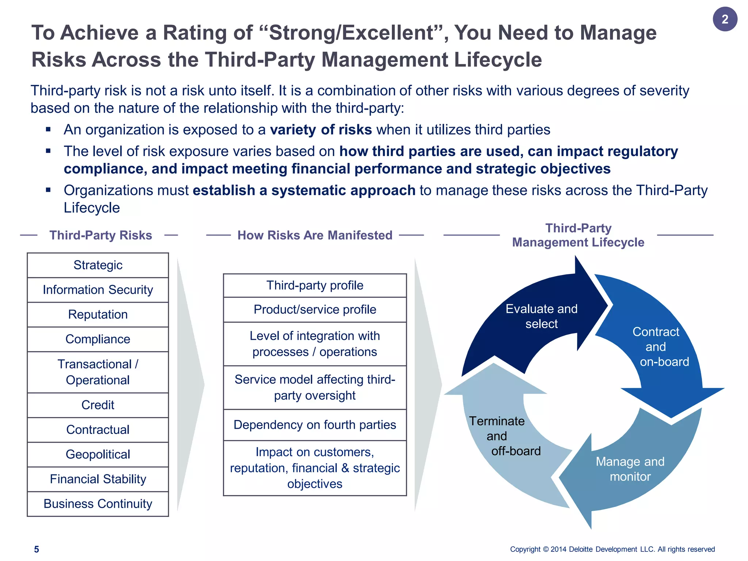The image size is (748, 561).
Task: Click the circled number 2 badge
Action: pos(725,19)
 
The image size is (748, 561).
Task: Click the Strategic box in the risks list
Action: pos(98,265)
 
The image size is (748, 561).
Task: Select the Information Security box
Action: pos(98,290)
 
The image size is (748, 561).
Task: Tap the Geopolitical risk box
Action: pos(98,454)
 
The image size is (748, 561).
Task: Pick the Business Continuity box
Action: pos(98,504)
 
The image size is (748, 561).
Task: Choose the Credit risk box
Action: pos(98,405)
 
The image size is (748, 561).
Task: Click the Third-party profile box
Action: pos(314,285)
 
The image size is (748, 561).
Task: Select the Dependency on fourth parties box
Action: pos(314,425)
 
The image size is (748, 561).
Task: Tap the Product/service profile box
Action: pos(314,309)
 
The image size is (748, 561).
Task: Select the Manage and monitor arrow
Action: pos(630,469)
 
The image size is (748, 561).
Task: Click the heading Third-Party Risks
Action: pos(100,235)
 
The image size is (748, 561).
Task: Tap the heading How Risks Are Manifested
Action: pos(314,235)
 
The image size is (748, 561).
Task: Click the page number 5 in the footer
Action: pos(37,549)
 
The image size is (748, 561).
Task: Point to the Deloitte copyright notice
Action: pos(612,549)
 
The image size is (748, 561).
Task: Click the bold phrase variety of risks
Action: pos(321,130)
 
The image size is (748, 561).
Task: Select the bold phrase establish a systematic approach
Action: pos(304,191)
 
